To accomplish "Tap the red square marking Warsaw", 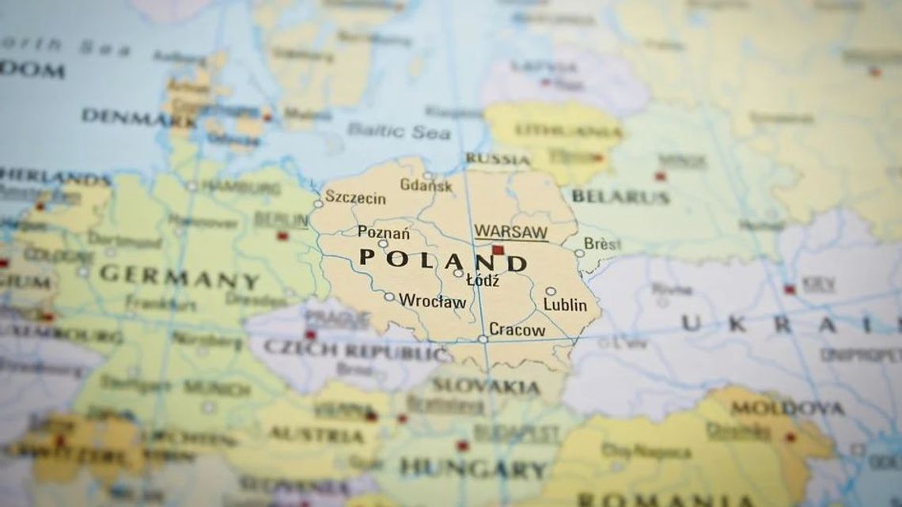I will coord(498,250).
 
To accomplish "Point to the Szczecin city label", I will coord(355,198).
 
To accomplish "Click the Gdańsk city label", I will coord(426,186).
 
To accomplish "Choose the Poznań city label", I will coord(383,233).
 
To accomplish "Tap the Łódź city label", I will coord(483,281).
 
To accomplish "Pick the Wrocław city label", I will coord(433,301).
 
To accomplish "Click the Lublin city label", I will coord(565,305).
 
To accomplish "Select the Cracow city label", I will coord(517,329).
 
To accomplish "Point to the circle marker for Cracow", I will coord(483,339).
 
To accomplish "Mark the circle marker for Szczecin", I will coord(318,203).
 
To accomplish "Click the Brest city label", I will coord(602,244).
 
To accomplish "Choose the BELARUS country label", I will coord(620,196).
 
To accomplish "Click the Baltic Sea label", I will coord(398,131).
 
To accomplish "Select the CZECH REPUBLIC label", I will coord(347,348).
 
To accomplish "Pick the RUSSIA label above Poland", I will coord(497,159).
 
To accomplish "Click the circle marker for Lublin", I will coord(550,291).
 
